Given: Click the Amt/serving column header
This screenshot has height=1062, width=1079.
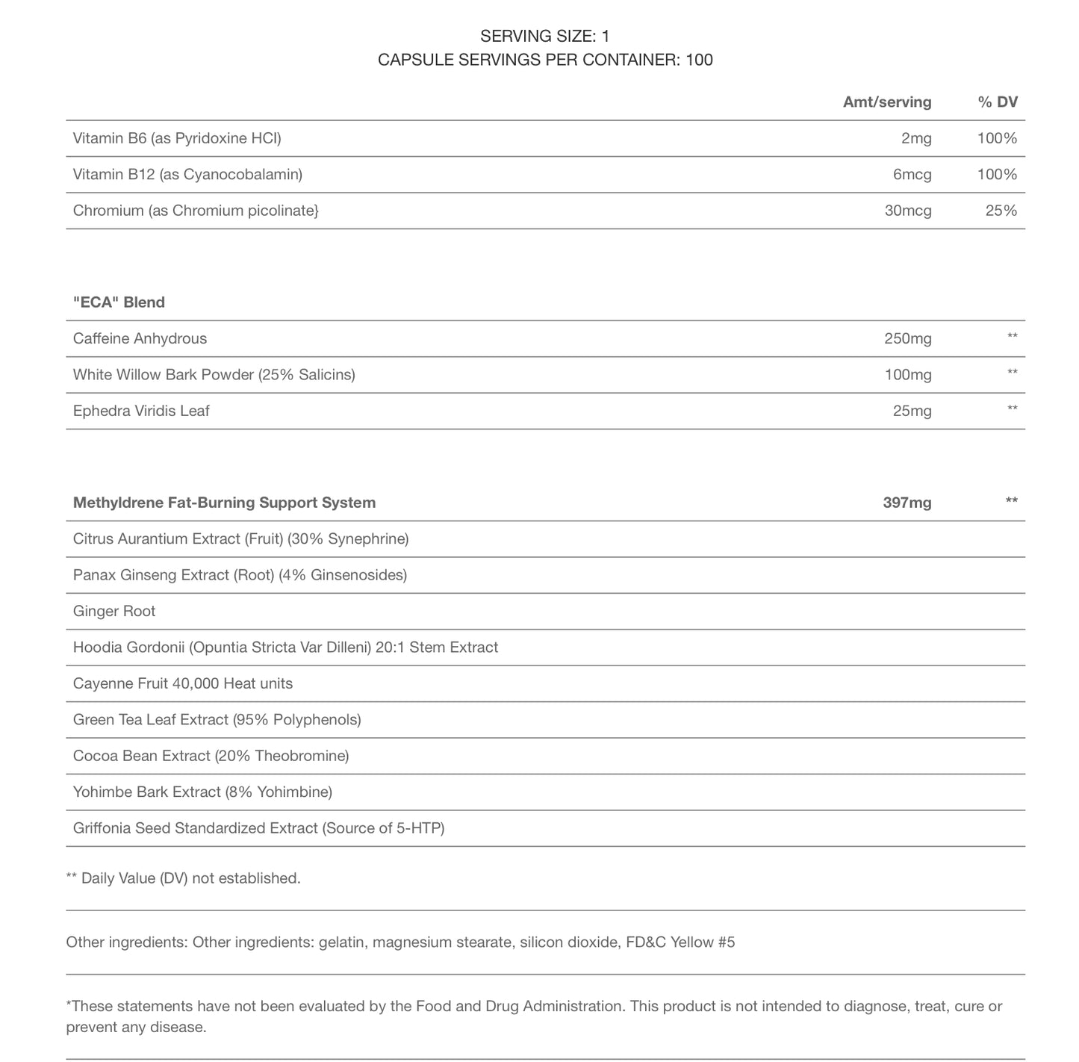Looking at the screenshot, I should click(886, 102).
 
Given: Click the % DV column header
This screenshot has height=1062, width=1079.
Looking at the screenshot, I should click(998, 102).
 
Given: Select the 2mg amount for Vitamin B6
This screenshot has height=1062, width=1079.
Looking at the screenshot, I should click(916, 138).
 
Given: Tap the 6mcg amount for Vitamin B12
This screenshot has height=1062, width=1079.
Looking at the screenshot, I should click(912, 175).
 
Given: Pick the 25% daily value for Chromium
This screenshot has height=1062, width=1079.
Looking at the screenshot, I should click(1001, 211).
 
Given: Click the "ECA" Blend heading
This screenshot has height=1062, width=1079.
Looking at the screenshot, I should click(119, 302).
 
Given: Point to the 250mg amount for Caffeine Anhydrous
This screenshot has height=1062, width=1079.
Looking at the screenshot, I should click(907, 339).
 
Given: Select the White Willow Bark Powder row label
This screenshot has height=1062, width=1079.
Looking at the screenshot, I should click(214, 375).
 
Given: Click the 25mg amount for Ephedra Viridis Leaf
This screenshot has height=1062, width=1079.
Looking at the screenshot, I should click(912, 411).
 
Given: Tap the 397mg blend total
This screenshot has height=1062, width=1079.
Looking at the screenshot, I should click(907, 503).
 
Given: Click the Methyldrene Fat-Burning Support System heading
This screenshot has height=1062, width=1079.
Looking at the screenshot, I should click(224, 503).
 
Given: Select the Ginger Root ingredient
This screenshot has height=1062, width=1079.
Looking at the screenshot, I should click(114, 612).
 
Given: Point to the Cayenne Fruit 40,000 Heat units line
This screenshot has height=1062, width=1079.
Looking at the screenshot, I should click(183, 684).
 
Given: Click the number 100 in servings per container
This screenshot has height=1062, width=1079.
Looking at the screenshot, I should click(699, 60).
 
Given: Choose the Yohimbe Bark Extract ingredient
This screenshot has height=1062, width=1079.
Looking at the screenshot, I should click(202, 792).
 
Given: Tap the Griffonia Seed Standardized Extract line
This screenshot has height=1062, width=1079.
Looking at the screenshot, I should click(258, 828).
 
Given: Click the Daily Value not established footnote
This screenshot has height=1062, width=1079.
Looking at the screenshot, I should click(184, 879).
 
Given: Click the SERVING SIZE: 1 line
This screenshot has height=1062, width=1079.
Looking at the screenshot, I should click(545, 36).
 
